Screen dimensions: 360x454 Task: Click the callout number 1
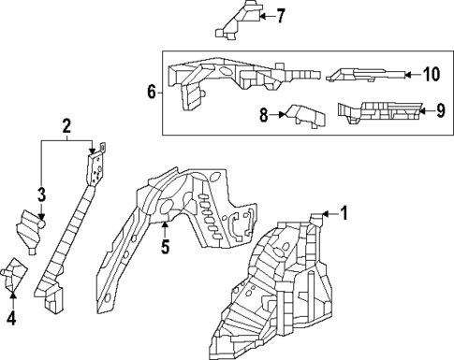click(344, 213)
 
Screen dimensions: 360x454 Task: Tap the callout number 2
click(66, 126)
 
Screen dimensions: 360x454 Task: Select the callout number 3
click(41, 194)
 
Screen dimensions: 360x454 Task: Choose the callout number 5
click(164, 247)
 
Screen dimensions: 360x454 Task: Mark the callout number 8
click(264, 115)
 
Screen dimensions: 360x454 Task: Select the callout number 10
click(431, 74)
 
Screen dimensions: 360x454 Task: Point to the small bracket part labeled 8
click(302, 114)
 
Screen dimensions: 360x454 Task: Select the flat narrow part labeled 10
click(366, 74)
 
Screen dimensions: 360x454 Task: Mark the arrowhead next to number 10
click(411, 74)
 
